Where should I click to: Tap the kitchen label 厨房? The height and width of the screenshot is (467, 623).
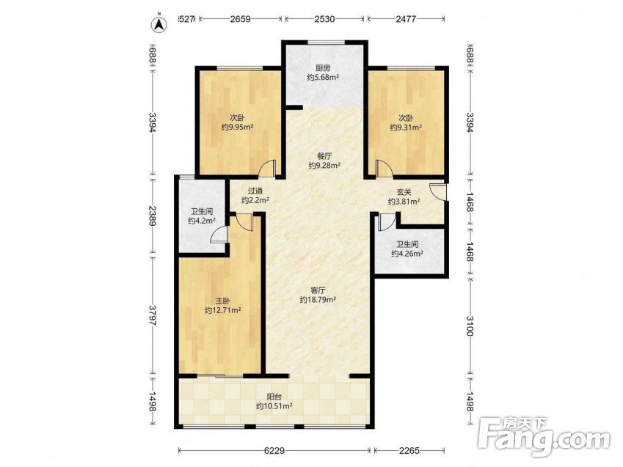tap(323, 68)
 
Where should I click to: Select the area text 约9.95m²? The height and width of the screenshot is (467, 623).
tap(237, 127)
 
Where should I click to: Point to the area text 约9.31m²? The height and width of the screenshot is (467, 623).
tap(406, 127)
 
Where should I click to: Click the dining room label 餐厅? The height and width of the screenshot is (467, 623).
tap(324, 156)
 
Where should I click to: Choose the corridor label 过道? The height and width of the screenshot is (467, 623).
tap(255, 191)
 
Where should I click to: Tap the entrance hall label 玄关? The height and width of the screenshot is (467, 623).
tap(404, 192)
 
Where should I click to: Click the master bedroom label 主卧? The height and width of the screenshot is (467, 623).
tap(222, 301)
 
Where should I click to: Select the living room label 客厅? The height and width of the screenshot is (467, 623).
tap(318, 290)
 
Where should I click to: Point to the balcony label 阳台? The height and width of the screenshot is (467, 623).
tap(274, 397)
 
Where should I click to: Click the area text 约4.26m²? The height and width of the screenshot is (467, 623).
tap(407, 254)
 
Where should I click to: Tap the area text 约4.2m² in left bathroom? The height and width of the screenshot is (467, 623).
tap(202, 221)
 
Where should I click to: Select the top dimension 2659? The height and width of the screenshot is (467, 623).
tap(241, 18)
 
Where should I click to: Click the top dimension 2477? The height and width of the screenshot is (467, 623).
tap(406, 18)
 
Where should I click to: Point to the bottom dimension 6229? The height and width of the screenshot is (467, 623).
tap(274, 450)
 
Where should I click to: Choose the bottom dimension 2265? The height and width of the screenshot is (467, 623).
tap(409, 450)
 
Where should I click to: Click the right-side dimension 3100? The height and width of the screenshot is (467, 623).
tap(470, 326)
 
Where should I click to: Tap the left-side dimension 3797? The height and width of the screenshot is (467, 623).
tap(153, 316)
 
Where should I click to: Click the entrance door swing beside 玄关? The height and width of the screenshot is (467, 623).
tap(437, 191)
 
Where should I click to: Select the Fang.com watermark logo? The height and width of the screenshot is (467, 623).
tap(544, 436)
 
